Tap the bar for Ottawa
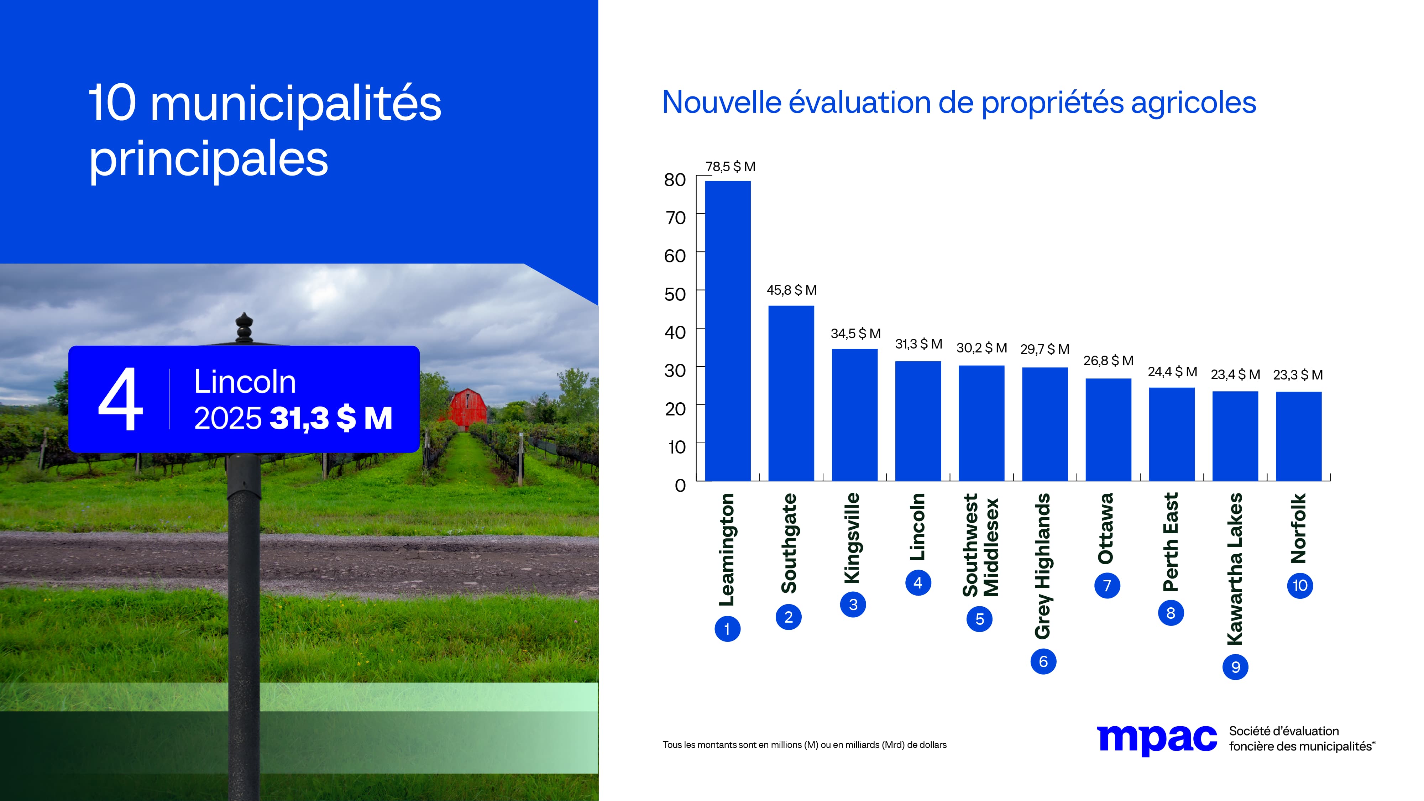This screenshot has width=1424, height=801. point(1108,430)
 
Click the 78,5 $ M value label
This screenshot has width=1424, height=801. point(730,166)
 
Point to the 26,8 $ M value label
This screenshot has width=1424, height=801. point(1108,360)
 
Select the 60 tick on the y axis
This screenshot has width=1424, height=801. point(675,256)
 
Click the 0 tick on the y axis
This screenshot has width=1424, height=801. point(680,485)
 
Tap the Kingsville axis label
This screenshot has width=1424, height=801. point(852,538)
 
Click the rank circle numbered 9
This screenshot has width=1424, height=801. point(1235,667)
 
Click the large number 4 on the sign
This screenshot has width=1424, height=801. point(121,399)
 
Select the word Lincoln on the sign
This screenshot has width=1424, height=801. point(245,382)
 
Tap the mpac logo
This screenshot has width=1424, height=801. point(1156,739)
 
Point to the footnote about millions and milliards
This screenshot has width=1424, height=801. point(804,745)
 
